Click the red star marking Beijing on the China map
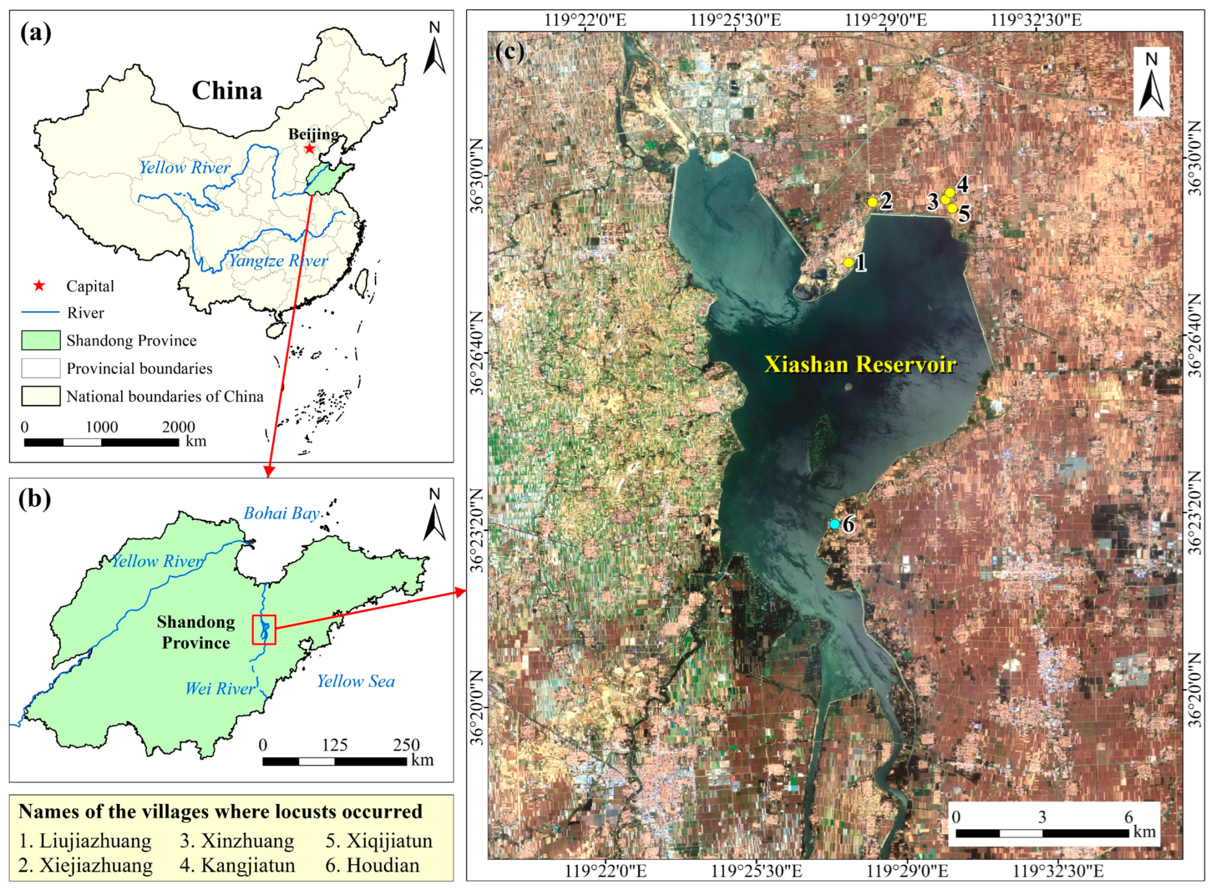pyautogui.click(x=309, y=149)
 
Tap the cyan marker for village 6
pyautogui.click(x=834, y=524)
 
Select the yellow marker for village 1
pyautogui.click(x=848, y=262)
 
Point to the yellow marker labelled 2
pyautogui.click(x=872, y=202)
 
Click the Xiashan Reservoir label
pyautogui.click(x=860, y=365)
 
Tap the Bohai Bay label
pyautogui.click(x=281, y=513)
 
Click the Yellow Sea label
pyautogui.click(x=356, y=681)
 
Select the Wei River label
pyautogui.click(x=220, y=689)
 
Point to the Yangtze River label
pyautogui.click(x=278, y=260)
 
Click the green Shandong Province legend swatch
pyautogui.click(x=41, y=340)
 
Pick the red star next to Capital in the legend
pyautogui.click(x=39, y=286)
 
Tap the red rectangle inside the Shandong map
pyautogui.click(x=264, y=630)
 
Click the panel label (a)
pyautogui.click(x=35, y=33)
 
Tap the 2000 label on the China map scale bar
pyautogui.click(x=178, y=427)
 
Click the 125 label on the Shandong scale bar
pyautogui.click(x=334, y=745)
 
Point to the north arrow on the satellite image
pyautogui.click(x=1151, y=82)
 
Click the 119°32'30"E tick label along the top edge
pyautogui.click(x=1036, y=20)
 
